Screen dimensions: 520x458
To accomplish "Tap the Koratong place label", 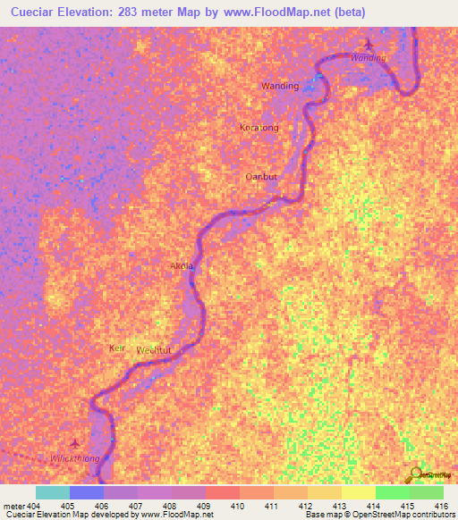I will coord(259,128).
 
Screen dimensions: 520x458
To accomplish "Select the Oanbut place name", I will coord(261,177).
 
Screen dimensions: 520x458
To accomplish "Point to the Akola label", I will coord(182,266).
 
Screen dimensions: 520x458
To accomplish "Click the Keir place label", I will coord(116,347).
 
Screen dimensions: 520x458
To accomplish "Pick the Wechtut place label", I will coord(154,350).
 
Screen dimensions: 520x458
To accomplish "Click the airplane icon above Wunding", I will coord(368,45).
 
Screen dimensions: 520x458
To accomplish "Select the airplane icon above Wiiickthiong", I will coord(75,444).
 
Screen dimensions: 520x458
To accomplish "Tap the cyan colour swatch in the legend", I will coord(53,492).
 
